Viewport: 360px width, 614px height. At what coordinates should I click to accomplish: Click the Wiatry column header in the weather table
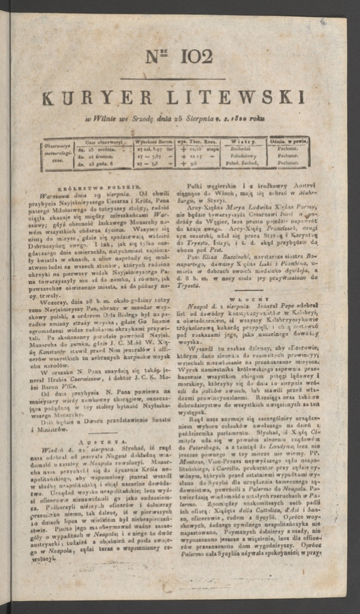click(x=247, y=140)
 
